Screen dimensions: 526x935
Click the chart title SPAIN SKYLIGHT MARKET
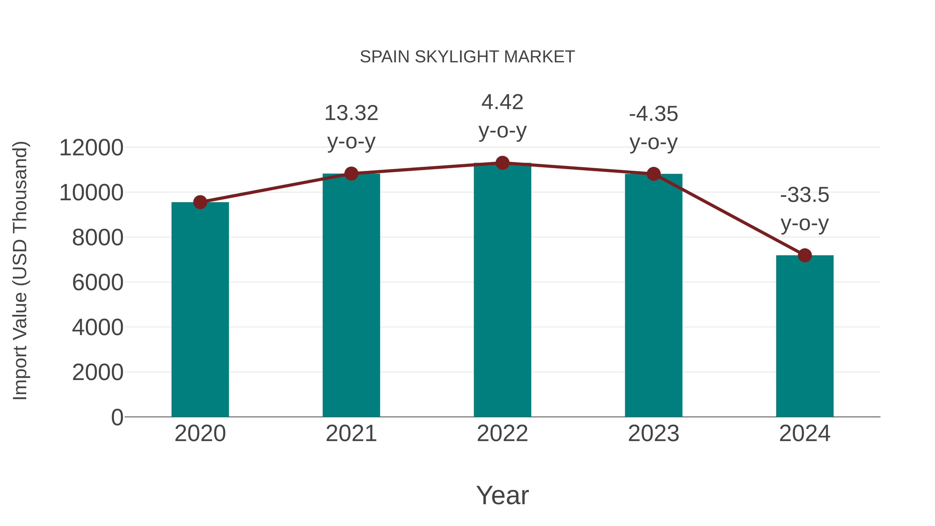(x=467, y=57)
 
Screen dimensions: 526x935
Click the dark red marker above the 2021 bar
(x=351, y=174)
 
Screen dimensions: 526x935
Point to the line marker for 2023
(x=653, y=174)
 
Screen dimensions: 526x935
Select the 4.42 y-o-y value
(x=502, y=102)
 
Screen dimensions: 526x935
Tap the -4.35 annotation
(x=653, y=114)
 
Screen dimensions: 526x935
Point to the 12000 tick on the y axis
(x=91, y=148)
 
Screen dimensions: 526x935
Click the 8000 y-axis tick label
(x=98, y=237)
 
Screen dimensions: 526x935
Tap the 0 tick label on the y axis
(x=117, y=417)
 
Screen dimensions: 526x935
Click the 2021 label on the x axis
(x=351, y=434)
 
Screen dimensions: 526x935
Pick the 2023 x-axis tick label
(x=653, y=434)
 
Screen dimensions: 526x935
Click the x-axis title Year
(x=502, y=495)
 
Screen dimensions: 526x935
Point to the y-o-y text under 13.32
(x=351, y=142)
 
